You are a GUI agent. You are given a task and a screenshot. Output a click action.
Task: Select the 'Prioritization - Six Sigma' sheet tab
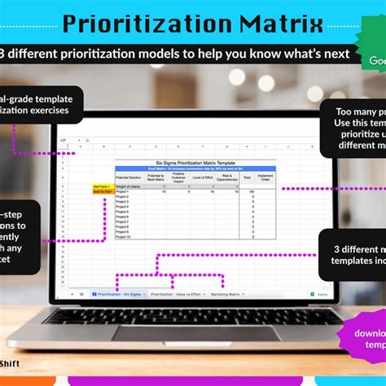click(x=118, y=293)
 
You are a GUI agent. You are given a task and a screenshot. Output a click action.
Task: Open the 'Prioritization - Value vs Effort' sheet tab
click(x=174, y=293)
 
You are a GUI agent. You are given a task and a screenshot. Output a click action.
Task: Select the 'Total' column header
click(x=247, y=177)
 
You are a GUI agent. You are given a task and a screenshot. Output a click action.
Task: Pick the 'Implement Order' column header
click(x=265, y=177)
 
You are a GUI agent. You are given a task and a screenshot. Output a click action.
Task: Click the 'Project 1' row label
click(x=123, y=191)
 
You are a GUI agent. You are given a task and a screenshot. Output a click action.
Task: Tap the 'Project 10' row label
click(x=124, y=236)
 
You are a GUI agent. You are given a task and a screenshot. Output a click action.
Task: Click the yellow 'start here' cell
click(x=101, y=186)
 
